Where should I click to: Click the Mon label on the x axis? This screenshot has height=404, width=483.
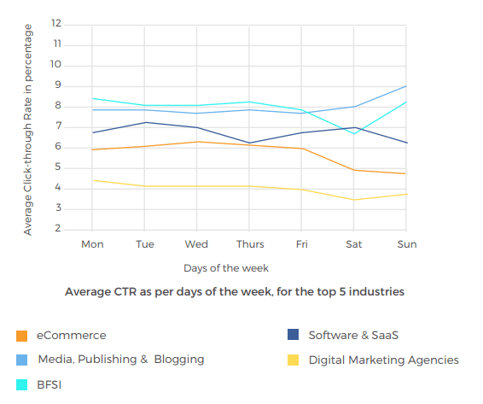92,244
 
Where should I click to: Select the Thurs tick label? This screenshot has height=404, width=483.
249,244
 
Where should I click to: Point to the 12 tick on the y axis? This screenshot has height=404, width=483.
57,23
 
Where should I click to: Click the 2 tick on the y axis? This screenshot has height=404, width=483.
58,229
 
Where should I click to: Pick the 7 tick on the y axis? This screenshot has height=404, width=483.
58,126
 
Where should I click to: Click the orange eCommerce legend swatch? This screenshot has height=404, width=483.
21,336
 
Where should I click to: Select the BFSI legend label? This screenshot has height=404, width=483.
49,384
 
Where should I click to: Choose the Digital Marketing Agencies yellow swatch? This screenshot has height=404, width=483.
293,360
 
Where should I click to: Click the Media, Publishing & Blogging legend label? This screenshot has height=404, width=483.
119,360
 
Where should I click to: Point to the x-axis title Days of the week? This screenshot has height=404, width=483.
226,268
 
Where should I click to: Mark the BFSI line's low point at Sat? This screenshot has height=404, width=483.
354,134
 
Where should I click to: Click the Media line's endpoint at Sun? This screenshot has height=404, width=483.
405,86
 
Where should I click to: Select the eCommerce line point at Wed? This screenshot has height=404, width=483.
197,142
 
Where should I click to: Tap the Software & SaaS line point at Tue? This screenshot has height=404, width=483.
145,122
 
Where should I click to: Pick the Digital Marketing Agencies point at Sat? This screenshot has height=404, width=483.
354,200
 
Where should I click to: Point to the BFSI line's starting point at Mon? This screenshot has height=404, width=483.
92,98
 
